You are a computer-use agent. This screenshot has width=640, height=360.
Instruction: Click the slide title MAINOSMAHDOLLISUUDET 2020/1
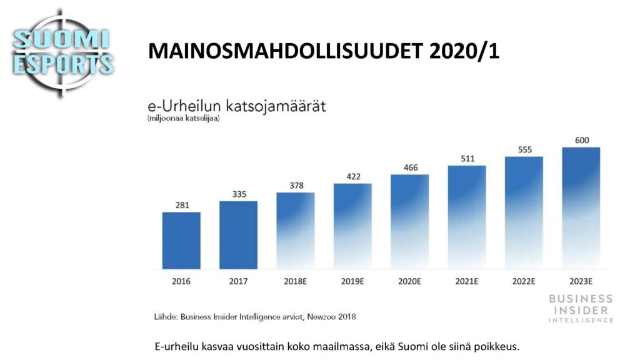tap(324, 51)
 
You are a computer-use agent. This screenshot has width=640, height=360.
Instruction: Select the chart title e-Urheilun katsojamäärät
tap(237, 106)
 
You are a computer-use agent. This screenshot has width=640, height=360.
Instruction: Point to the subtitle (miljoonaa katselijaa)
tap(184, 118)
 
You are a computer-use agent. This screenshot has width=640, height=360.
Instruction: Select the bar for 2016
tap(181, 241)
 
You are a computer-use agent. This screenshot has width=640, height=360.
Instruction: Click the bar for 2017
tap(238, 235)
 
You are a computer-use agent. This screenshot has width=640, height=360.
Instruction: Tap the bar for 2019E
tap(352, 226)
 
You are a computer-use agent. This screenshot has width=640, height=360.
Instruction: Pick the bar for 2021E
tap(467, 217)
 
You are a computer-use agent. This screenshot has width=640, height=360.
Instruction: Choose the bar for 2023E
tap(581, 208)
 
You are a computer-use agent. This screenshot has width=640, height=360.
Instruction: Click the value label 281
tap(182, 205)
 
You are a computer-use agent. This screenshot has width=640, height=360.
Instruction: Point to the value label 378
tap(297, 186)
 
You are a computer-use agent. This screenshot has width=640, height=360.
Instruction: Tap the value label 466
tap(411, 167)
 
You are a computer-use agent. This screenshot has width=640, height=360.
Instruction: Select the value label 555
tap(525, 150)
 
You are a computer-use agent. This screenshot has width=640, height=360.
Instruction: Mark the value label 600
tap(582, 141)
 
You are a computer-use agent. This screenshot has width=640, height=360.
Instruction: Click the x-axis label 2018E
tap(296, 281)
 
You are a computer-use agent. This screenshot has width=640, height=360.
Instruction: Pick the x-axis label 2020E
tap(410, 281)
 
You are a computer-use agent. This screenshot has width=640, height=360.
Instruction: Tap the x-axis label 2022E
tap(524, 281)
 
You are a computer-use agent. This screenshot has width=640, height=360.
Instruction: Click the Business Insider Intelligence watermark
tap(581, 309)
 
